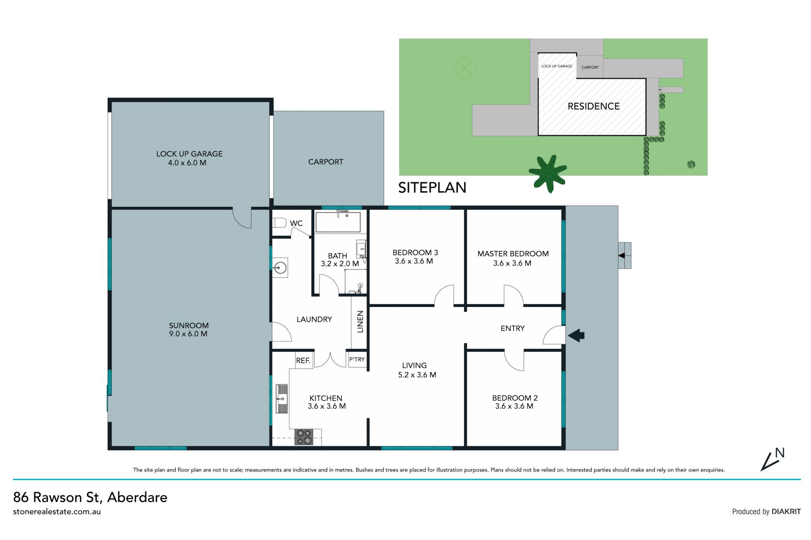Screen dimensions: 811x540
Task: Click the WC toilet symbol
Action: [280, 223]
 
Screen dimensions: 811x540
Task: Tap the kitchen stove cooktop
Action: [304, 437]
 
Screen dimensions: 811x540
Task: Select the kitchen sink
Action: [282, 399]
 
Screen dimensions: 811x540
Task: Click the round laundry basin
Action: [280, 267]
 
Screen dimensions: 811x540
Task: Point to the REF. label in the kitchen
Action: [303, 361]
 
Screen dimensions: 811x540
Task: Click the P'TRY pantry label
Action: [357, 359]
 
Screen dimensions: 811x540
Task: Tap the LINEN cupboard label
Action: [360, 322]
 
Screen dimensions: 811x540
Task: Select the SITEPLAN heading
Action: [432, 187]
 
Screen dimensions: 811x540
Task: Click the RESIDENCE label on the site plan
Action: [593, 106]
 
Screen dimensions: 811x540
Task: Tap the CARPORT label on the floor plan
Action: [326, 162]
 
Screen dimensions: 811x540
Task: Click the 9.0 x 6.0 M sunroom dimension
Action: [188, 334]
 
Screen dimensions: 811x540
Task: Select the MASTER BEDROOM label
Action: [513, 254]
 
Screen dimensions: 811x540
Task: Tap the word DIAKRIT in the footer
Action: [786, 511]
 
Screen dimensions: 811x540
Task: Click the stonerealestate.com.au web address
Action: [57, 512]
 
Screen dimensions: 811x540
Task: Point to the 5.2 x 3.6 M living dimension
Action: [417, 374]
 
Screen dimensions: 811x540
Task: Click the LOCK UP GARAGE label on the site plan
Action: [557, 66]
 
